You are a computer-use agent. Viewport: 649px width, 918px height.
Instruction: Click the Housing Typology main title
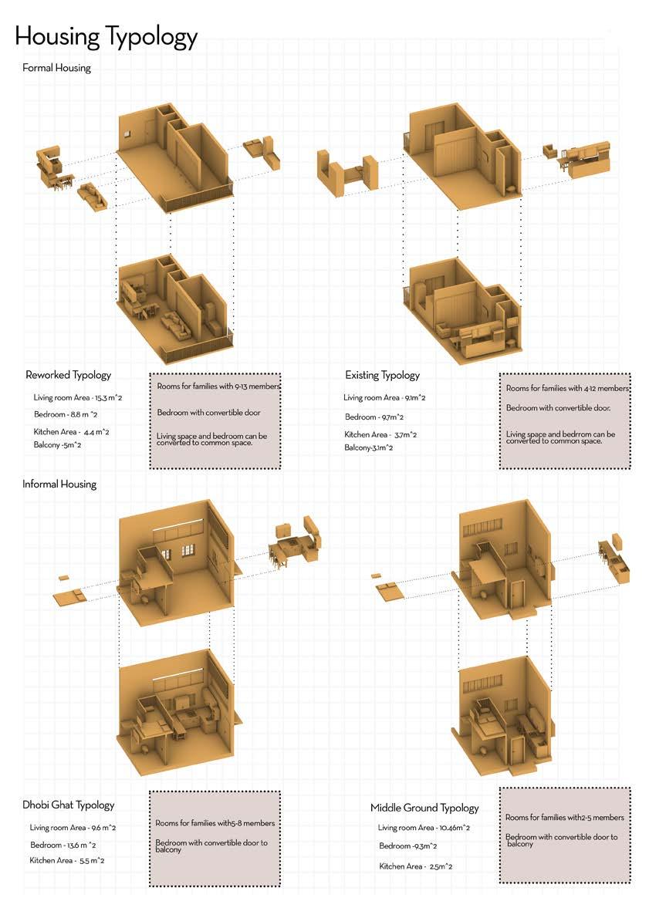(106, 36)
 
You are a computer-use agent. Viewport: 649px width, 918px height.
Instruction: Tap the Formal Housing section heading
(56, 68)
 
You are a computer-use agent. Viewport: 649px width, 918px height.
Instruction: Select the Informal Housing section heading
(59, 484)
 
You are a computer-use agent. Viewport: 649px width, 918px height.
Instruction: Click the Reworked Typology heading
(69, 376)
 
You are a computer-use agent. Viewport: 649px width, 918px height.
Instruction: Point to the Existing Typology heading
(383, 376)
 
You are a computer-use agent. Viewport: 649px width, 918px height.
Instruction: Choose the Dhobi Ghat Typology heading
(69, 805)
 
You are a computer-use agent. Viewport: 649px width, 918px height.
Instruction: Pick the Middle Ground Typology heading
(424, 808)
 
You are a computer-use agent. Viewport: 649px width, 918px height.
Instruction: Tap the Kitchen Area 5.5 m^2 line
(67, 861)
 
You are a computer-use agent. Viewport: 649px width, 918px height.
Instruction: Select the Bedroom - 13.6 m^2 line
(63, 845)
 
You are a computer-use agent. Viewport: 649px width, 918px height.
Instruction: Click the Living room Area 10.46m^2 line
(424, 829)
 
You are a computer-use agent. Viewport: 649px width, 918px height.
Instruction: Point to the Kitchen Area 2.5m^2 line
(415, 867)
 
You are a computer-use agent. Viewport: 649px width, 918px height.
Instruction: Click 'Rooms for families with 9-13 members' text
(218, 386)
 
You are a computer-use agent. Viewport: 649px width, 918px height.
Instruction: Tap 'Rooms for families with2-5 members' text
(564, 818)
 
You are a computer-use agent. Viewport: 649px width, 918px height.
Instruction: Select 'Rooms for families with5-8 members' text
(215, 824)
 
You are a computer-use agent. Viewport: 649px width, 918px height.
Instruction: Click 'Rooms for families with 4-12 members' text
(567, 389)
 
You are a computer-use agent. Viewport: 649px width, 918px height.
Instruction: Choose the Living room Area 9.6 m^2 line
(73, 828)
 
